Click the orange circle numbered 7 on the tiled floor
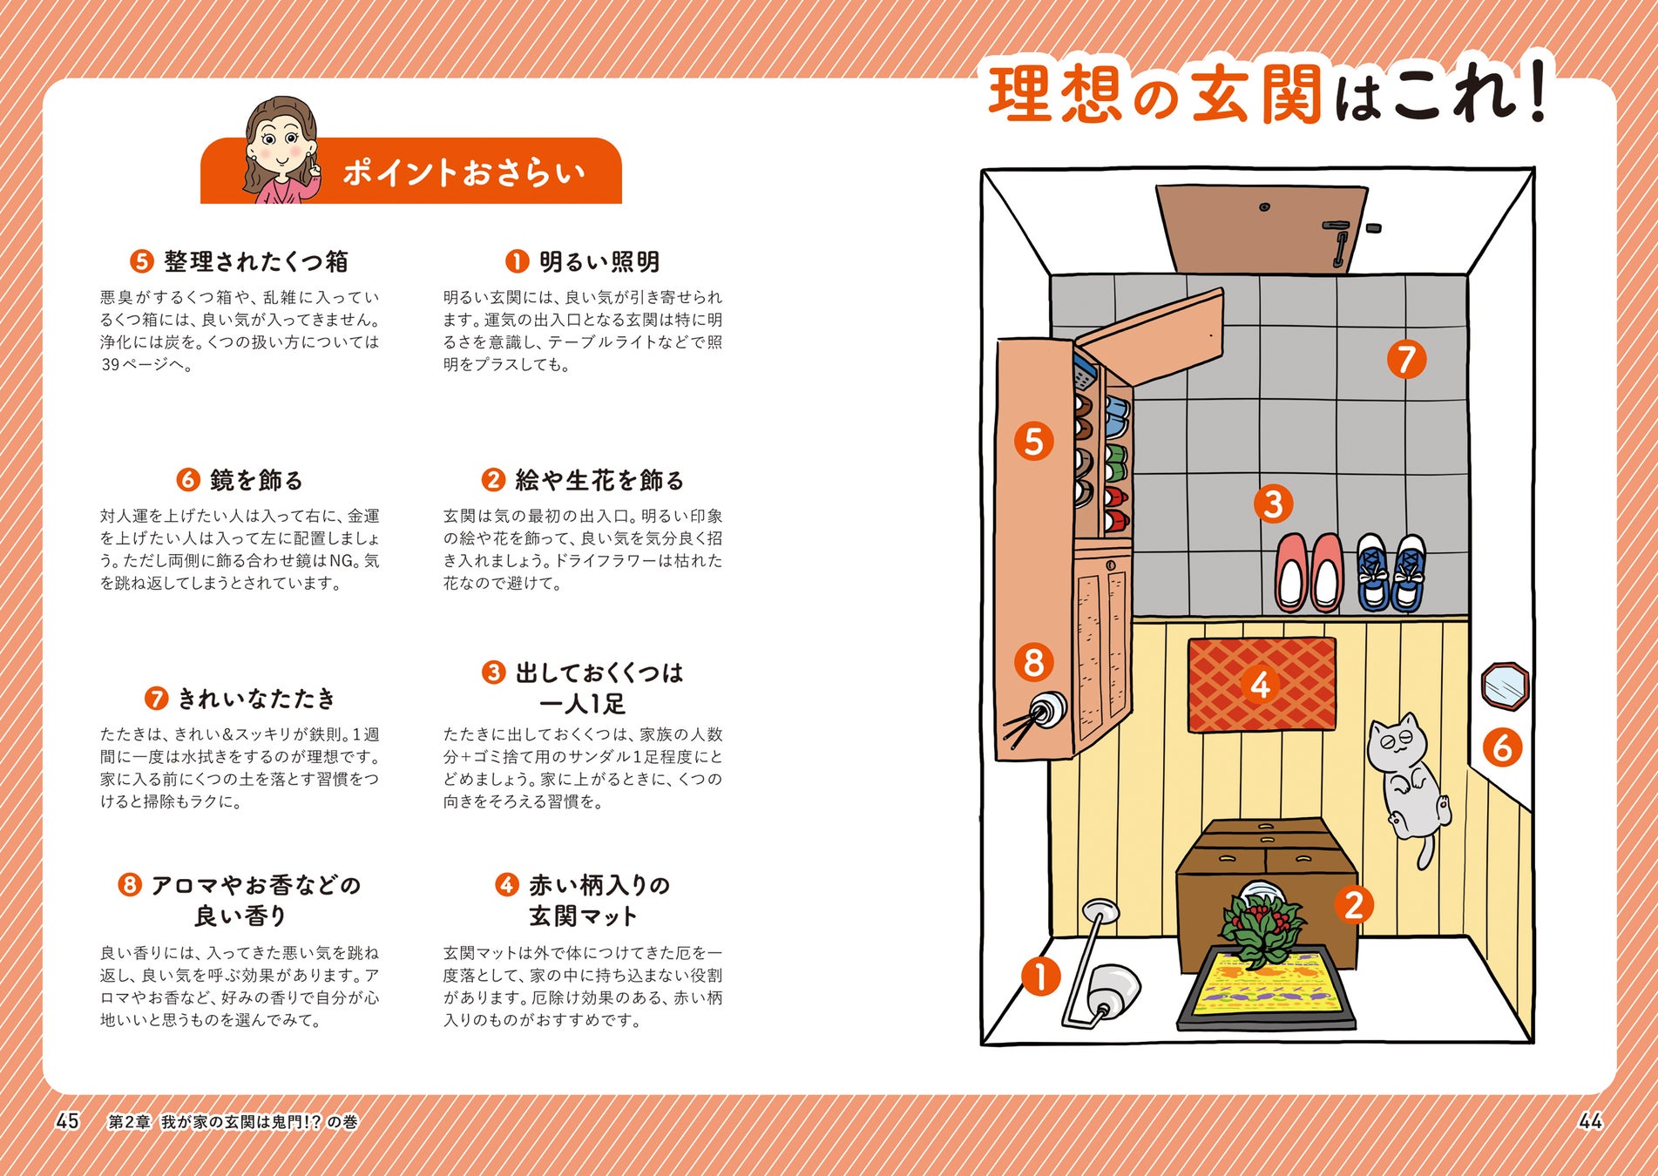tap(1406, 359)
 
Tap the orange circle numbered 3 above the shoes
tap(1273, 504)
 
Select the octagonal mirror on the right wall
tap(1505, 686)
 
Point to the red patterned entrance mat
tap(1262, 685)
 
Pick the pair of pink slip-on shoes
tap(1309, 572)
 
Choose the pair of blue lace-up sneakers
tap(1391, 572)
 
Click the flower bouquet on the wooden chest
tap(1262, 925)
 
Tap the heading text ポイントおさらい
tap(464, 172)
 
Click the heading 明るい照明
tap(599, 261)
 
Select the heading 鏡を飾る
tap(256, 480)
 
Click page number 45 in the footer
tap(67, 1121)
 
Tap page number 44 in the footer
tap(1590, 1121)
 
